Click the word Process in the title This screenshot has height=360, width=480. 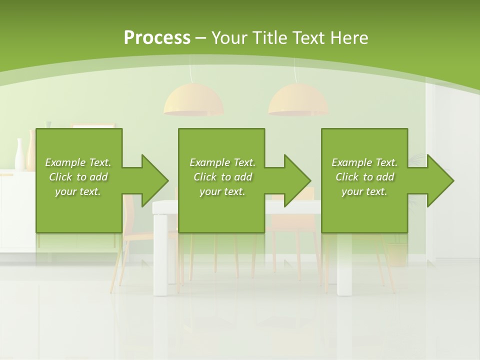(157, 38)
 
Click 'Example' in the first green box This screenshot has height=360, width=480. (65, 162)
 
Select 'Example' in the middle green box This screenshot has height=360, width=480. (209, 162)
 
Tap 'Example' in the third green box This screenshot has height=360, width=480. (351, 162)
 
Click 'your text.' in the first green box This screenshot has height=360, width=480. (78, 191)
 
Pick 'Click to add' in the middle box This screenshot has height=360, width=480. (222, 177)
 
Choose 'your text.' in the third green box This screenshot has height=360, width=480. (364, 191)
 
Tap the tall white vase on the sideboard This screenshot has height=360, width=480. (20, 155)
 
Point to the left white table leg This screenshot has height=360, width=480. (161, 265)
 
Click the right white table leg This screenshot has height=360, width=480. (344, 265)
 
